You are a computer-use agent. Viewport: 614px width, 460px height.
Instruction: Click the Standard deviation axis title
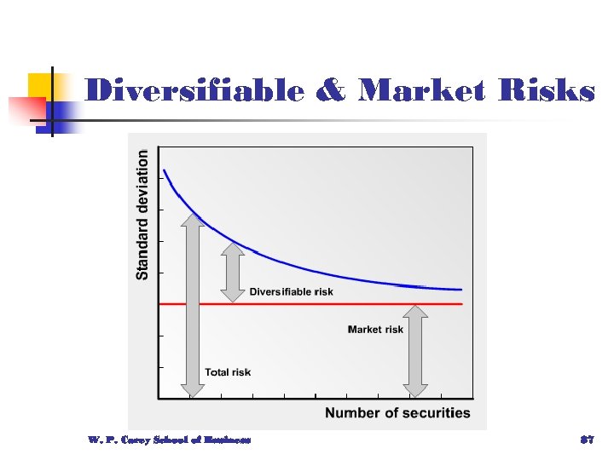pos(142,214)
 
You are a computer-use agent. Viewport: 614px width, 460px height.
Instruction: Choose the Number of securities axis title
pos(397,413)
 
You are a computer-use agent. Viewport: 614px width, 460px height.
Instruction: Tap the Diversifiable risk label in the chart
pos(291,292)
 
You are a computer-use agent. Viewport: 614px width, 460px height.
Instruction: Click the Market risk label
pos(375,329)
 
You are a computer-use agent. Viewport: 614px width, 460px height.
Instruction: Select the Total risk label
pos(228,371)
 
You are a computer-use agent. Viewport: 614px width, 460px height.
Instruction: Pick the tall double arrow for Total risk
pos(193,305)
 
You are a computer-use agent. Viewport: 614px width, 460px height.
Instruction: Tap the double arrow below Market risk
pos(415,350)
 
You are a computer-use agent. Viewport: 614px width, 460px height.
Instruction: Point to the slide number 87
pos(586,440)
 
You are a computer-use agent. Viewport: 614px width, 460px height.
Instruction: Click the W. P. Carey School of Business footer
pos(169,440)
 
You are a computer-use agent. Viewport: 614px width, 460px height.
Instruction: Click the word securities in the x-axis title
pos(433,413)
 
